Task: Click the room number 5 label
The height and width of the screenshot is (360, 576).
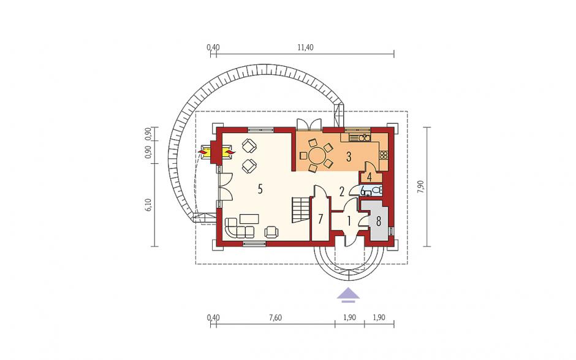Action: pyautogui.click(x=260, y=190)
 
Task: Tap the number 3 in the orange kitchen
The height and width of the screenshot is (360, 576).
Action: pyautogui.click(x=348, y=156)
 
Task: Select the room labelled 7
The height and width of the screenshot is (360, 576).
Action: pyautogui.click(x=320, y=219)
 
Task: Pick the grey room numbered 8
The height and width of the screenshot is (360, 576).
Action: pyautogui.click(x=378, y=221)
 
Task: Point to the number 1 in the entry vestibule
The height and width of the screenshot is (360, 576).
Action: pyautogui.click(x=349, y=221)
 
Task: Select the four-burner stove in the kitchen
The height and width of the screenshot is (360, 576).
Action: pyautogui.click(x=384, y=155)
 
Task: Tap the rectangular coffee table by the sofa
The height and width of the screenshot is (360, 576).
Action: pyautogui.click(x=249, y=219)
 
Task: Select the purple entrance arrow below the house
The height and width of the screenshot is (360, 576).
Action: pyautogui.click(x=349, y=294)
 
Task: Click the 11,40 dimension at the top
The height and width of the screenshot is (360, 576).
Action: pyautogui.click(x=305, y=47)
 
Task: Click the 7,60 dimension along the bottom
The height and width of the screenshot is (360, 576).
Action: pyautogui.click(x=275, y=318)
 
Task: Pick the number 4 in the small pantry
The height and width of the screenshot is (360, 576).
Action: pyautogui.click(x=369, y=177)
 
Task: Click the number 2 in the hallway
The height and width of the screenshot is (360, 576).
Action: pyautogui.click(x=342, y=191)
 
